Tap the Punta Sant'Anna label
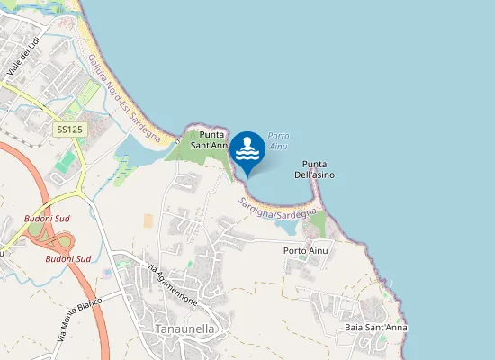point(211,139)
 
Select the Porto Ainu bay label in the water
point(278,139)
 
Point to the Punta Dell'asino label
point(314,169)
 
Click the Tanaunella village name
point(184,328)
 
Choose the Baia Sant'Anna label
point(376,328)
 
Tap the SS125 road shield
point(69,130)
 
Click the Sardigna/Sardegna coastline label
point(280,209)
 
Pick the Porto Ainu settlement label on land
point(305,249)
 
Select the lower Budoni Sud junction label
point(68,258)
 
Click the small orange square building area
point(148,220)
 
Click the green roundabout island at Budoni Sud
point(36,230)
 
